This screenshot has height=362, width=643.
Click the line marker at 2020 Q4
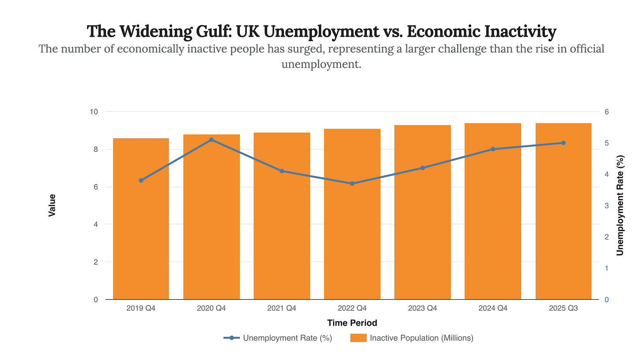212,140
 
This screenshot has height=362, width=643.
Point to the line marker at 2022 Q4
352,183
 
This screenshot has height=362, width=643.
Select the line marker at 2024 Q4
493,149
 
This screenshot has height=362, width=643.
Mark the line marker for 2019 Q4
141,180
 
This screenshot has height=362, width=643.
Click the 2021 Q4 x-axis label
282,309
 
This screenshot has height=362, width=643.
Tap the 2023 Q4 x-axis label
423,309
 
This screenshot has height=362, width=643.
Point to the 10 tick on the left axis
94,112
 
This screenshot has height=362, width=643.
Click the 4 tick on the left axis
95,225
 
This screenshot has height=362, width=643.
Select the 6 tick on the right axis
607,112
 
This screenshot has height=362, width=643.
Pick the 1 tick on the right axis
607,268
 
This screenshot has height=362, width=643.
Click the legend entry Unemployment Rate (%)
287,338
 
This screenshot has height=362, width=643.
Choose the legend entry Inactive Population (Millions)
421,338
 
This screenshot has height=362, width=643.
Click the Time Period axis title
352,323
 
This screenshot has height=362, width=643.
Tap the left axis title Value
52,205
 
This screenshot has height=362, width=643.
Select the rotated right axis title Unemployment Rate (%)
620,205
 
